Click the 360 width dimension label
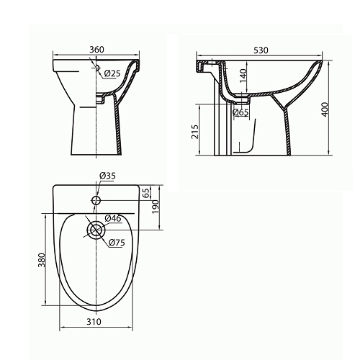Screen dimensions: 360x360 pyautogui.click(x=96, y=50)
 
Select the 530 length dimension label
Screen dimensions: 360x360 pyautogui.click(x=261, y=50)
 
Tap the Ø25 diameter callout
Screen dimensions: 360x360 pyautogui.click(x=112, y=73)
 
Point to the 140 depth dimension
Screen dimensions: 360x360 pyautogui.click(x=243, y=76)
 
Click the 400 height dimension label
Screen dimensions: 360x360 pyautogui.click(x=325, y=109)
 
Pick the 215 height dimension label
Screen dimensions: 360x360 pyautogui.click(x=195, y=132)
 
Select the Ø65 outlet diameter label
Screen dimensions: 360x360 pyautogui.click(x=240, y=112)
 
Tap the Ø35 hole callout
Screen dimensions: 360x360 pyautogui.click(x=107, y=176)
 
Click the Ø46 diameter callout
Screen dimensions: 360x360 pyautogui.click(x=113, y=218)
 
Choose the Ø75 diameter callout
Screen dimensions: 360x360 pyautogui.click(x=117, y=243)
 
